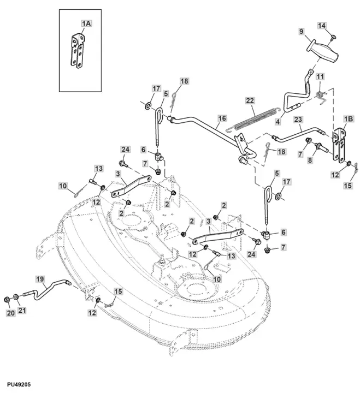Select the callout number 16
click(222, 118)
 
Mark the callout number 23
click(298, 119)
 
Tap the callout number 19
click(40, 278)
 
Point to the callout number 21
click(23, 311)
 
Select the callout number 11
click(320, 76)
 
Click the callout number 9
click(301, 33)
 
